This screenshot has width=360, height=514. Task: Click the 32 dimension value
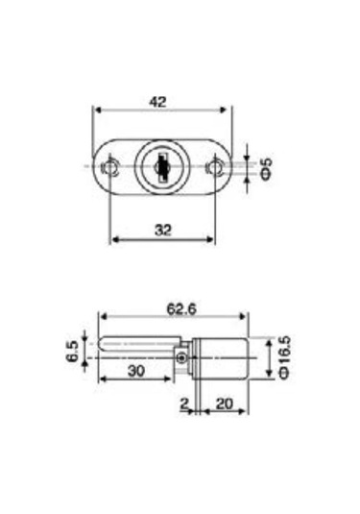point(160,229)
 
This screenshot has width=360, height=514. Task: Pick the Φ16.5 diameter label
point(284,358)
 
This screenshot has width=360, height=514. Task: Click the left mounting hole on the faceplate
point(112,167)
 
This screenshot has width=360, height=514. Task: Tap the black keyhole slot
point(162,169)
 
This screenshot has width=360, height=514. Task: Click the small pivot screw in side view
point(182,358)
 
